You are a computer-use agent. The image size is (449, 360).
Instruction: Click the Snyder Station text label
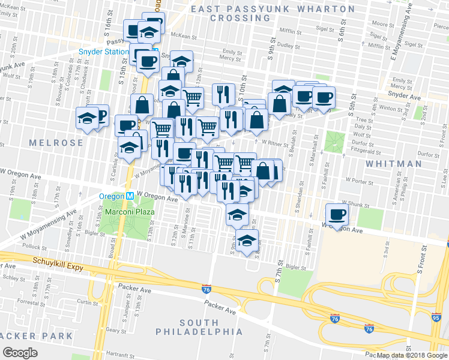coord(104,52)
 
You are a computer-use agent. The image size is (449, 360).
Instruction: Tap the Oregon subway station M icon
coord(130,196)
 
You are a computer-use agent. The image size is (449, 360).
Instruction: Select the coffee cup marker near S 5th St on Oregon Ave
coord(337,214)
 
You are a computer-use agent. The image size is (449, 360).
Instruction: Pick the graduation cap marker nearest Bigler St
coord(246,241)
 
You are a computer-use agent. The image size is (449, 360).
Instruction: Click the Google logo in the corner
coord(20,352)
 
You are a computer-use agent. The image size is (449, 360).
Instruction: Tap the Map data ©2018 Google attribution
coord(412,355)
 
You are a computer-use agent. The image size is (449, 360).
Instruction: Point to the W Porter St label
coord(360,179)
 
